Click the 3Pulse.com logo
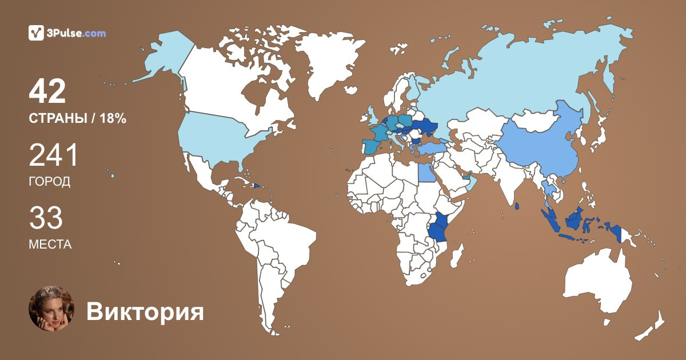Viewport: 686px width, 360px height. point(67,33)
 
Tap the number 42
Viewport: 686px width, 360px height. point(47,92)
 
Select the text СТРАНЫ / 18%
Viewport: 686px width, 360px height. point(77,119)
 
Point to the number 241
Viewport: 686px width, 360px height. point(53,156)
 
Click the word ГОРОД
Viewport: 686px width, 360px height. point(50,182)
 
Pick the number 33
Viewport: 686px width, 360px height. point(46,219)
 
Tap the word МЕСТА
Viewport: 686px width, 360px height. point(50,245)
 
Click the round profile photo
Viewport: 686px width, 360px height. point(51,309)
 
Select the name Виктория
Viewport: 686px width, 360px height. point(145,312)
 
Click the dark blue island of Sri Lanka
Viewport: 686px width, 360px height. point(517,206)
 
